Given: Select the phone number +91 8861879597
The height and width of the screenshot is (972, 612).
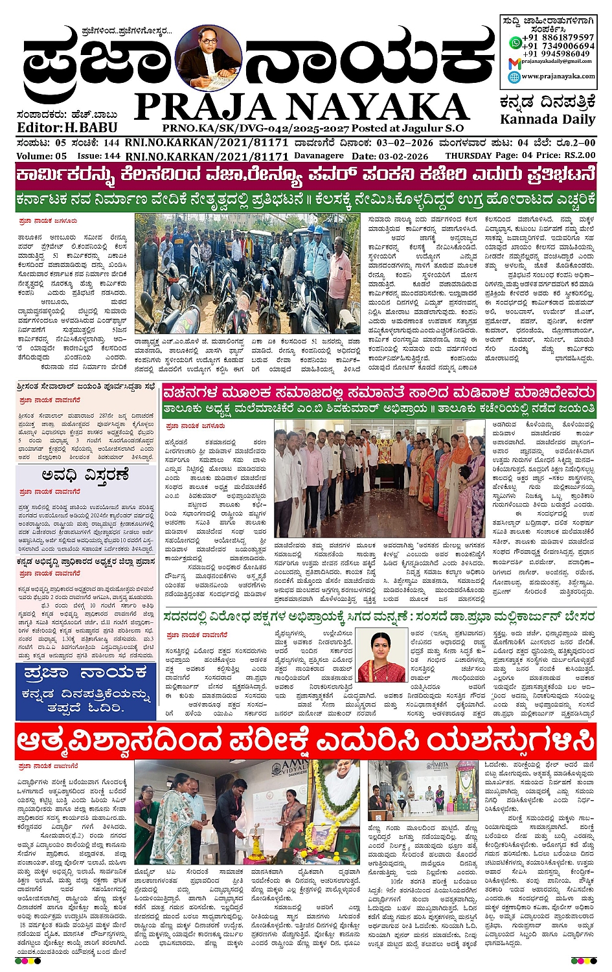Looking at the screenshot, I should click(559, 38).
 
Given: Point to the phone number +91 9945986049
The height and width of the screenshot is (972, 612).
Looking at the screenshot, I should click(559, 54).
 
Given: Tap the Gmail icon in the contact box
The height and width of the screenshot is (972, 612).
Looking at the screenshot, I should click(514, 63).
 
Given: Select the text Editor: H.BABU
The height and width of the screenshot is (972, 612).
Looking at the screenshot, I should click(58, 128).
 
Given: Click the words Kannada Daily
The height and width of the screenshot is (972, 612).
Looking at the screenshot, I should click(547, 119).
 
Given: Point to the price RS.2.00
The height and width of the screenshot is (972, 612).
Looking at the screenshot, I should click(579, 155).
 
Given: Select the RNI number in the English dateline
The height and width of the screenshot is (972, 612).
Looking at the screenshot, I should click(207, 156).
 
